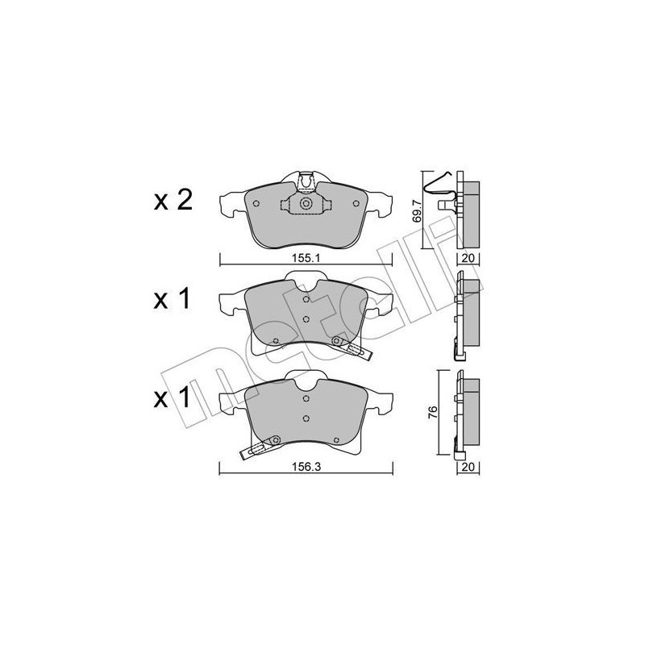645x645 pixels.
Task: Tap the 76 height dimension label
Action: click(x=433, y=412)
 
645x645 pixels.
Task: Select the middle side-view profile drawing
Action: click(x=466, y=315)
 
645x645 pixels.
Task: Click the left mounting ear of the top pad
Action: click(x=232, y=203)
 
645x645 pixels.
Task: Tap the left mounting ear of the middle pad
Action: click(x=232, y=302)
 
